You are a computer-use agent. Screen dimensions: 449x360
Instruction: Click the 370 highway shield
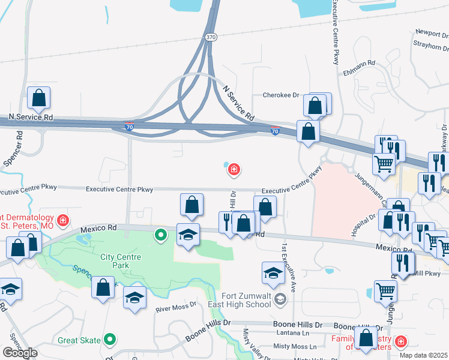(210, 37)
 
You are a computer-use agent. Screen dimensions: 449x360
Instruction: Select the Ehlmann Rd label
(359, 63)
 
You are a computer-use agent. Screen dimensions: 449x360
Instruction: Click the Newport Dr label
(431, 34)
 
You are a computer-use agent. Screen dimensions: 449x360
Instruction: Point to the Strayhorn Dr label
(430, 44)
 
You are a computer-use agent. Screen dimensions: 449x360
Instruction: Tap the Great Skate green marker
(109, 340)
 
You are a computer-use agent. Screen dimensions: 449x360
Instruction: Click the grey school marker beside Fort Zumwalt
(279, 298)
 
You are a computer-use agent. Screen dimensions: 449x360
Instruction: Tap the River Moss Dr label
(176, 307)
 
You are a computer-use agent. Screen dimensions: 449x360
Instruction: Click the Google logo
(20, 353)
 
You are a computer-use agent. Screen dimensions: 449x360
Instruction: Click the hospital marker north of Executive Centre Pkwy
(234, 170)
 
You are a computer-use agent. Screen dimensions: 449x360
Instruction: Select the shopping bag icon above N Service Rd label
(38, 99)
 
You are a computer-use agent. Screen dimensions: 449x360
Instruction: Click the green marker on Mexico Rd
(160, 234)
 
